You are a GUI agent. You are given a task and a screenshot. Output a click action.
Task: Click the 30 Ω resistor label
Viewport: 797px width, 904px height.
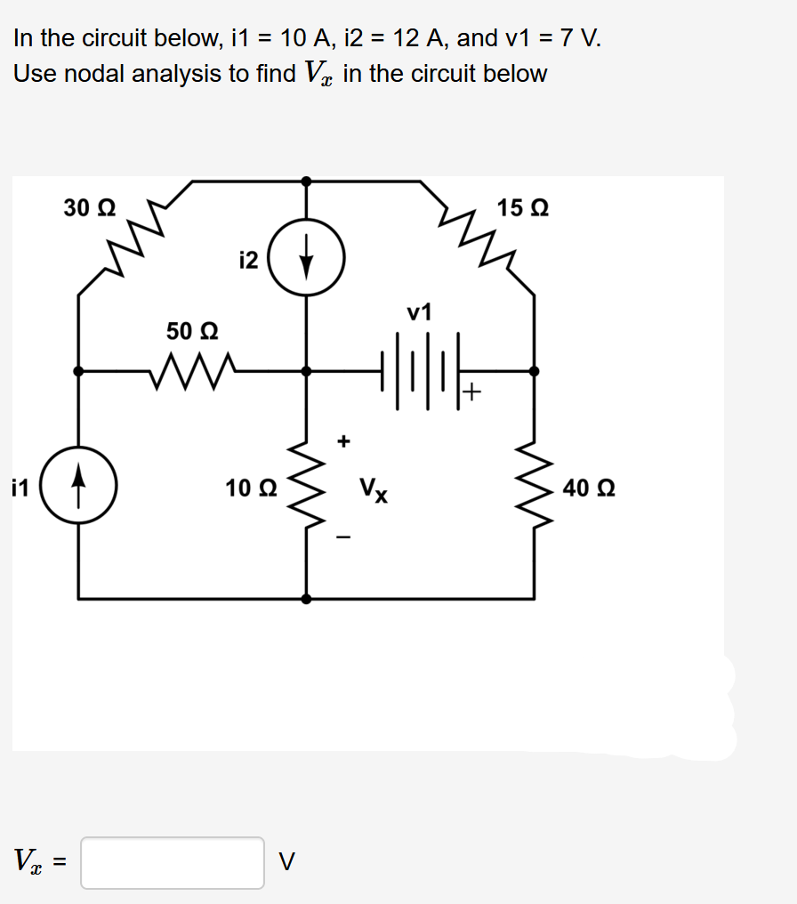point(89,208)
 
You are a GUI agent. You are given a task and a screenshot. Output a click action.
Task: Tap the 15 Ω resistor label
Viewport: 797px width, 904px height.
point(523,208)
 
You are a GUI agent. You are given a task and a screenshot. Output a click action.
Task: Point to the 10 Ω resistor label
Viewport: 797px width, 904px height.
point(251,488)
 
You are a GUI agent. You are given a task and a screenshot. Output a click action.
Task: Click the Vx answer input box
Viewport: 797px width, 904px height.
point(173,862)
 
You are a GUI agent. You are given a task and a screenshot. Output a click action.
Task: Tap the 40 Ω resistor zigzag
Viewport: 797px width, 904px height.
point(535,488)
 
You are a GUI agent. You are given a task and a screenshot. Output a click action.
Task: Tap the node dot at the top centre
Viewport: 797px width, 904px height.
point(306,181)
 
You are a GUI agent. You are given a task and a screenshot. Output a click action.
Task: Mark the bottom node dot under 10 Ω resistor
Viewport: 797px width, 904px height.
point(307,598)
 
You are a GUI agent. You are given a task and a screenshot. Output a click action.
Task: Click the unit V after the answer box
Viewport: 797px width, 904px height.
point(286,861)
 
